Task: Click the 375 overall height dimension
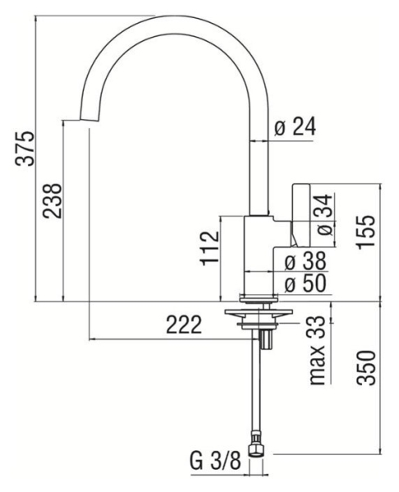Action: (24, 148)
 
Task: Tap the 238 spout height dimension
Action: (53, 201)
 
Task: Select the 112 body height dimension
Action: (209, 248)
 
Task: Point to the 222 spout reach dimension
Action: (183, 325)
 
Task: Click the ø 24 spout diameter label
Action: (295, 127)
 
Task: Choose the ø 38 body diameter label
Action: (305, 262)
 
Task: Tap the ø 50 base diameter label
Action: (305, 284)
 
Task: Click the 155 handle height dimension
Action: (365, 232)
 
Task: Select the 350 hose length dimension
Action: (365, 367)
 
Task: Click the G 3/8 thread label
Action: (216, 461)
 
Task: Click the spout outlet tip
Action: (89, 121)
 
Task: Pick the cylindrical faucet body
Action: (259, 255)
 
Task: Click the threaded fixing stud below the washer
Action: (267, 339)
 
